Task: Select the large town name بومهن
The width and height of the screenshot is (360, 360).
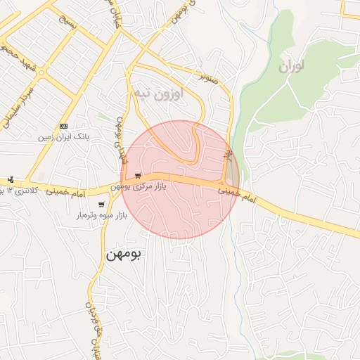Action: tap(123, 254)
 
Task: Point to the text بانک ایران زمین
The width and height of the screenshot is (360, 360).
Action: tap(64, 137)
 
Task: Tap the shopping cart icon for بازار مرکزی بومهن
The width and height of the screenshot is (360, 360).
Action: tap(138, 175)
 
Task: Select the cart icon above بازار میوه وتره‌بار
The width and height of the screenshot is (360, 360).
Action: tap(101, 205)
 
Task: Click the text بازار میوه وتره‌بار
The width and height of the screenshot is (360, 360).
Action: tap(102, 216)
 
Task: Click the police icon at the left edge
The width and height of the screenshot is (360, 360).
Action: tap(11, 179)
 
